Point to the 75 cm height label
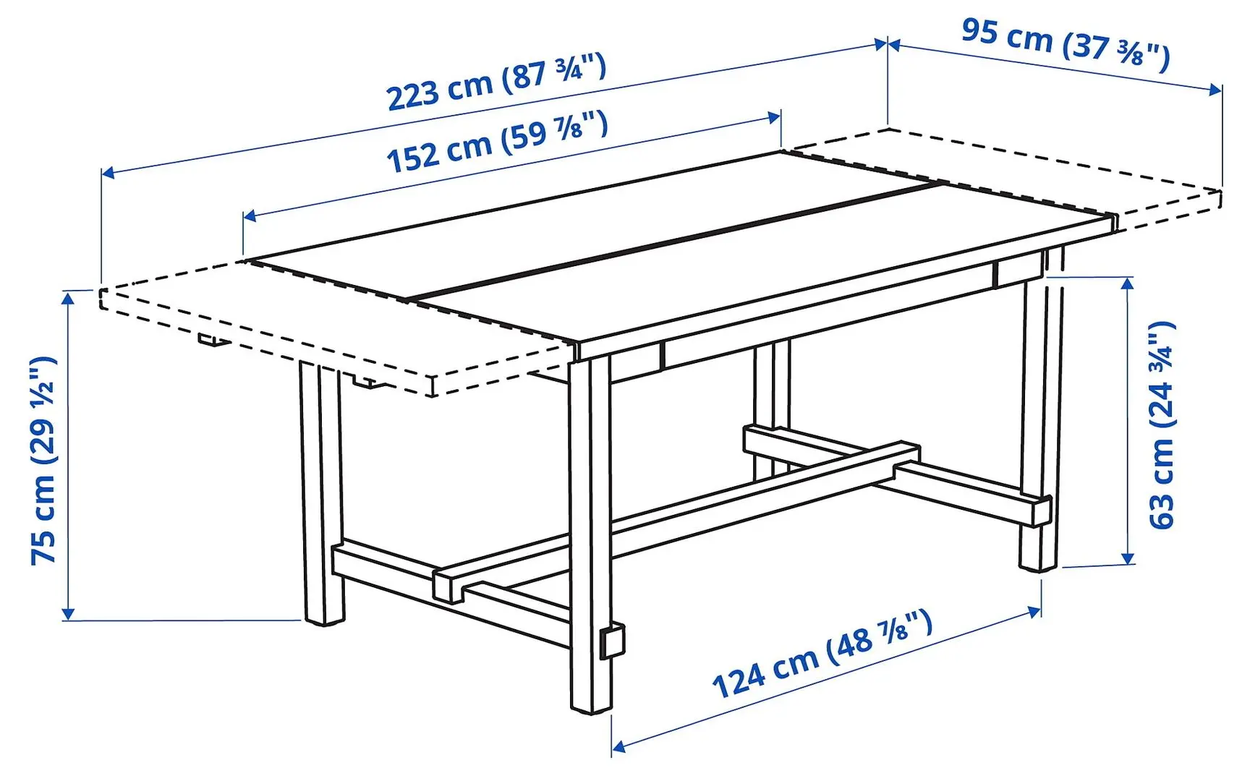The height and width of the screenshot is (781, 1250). click(43, 461)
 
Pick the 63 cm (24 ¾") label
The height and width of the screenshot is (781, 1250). click(1162, 424)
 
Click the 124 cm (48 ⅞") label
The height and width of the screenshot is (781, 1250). click(822, 654)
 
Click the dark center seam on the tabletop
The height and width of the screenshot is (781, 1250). click(673, 242)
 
